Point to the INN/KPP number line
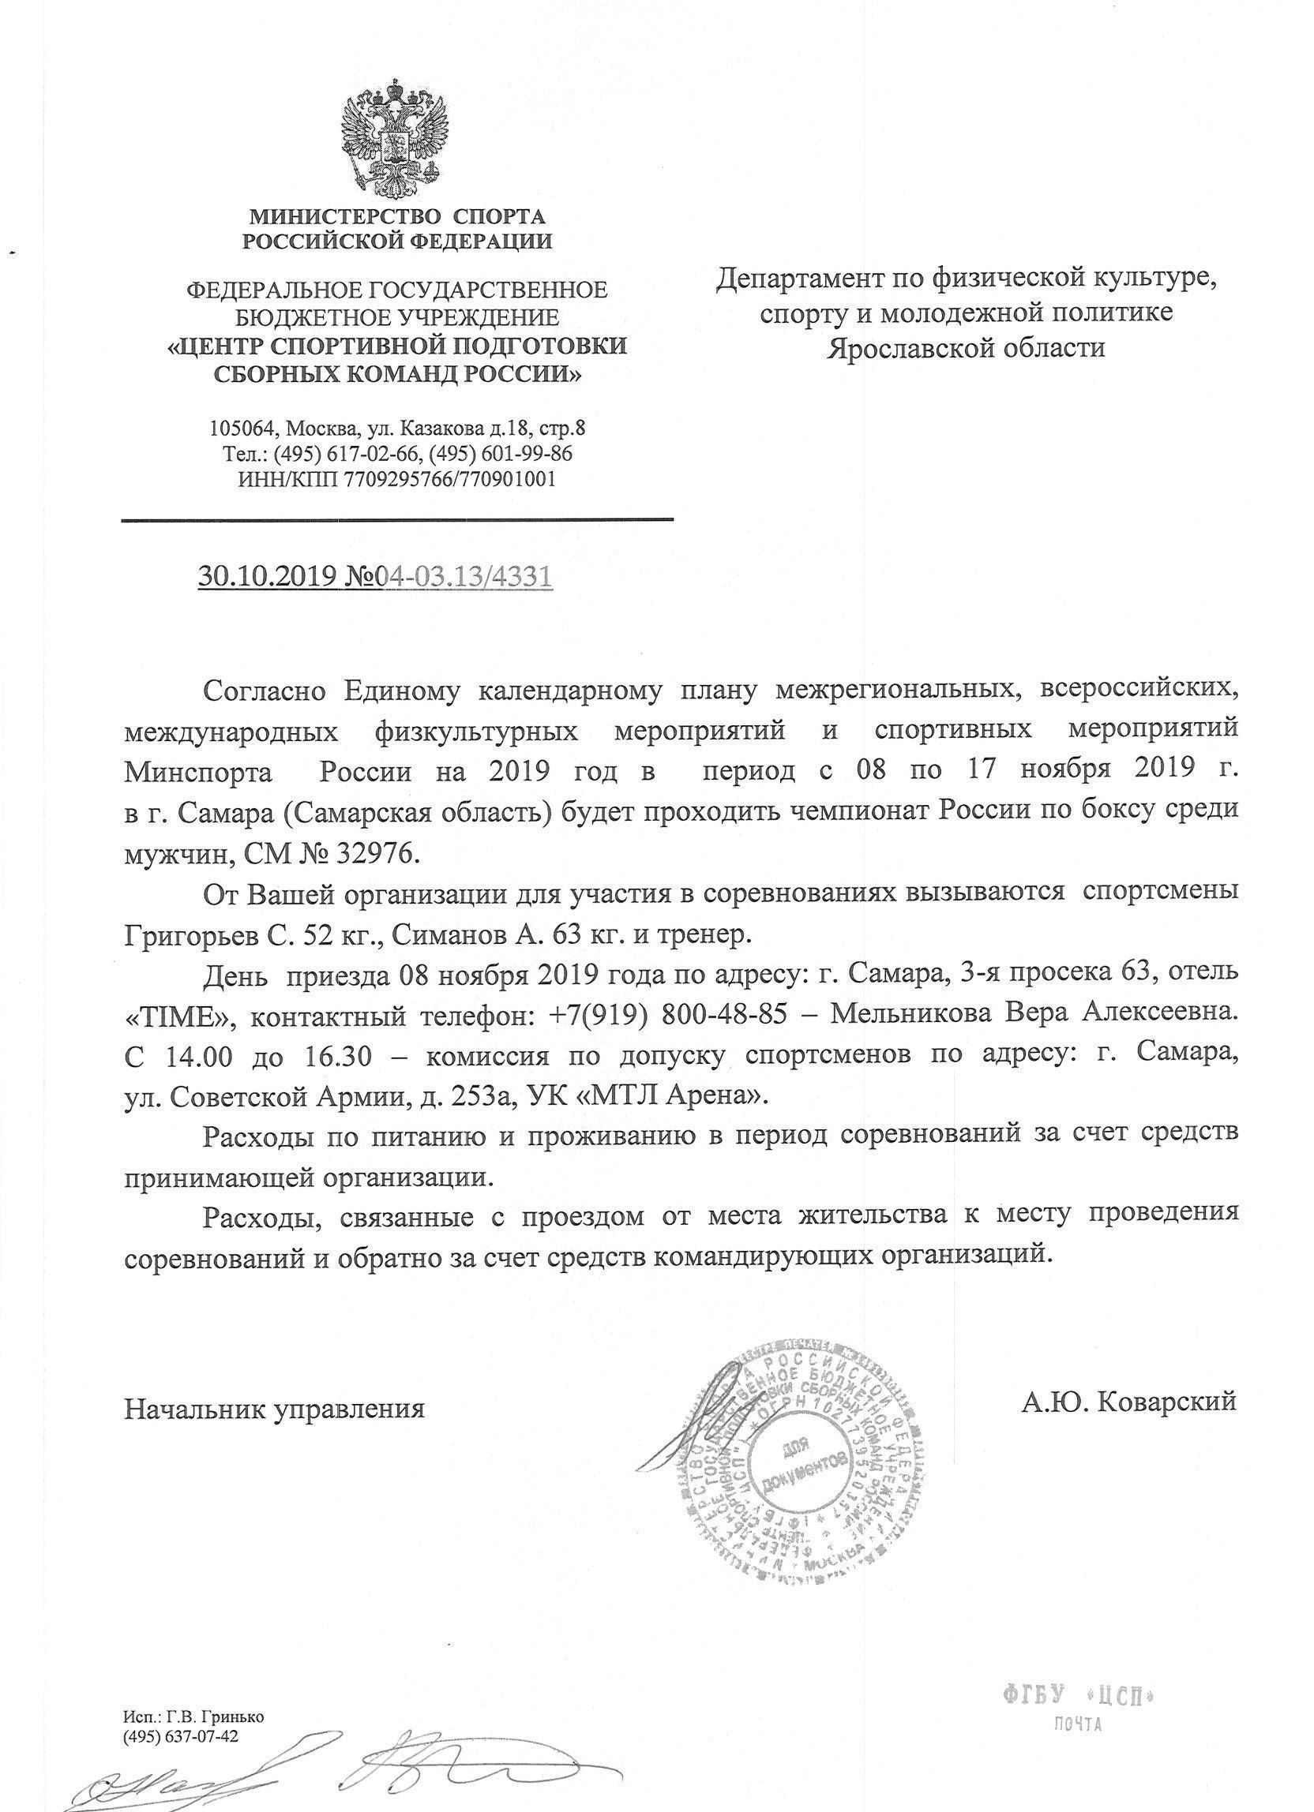[x=396, y=479]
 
